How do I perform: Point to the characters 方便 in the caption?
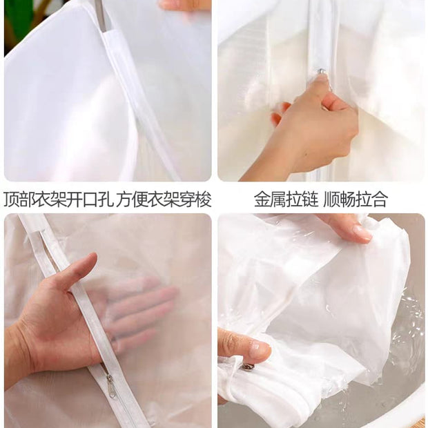(132, 200)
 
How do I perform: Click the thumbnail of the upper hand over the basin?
(362, 231)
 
